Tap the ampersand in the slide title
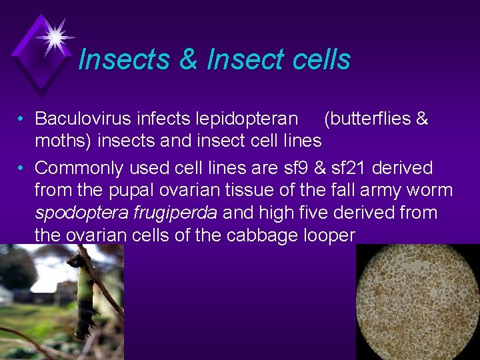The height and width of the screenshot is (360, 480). [189, 59]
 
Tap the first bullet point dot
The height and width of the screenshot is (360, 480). [22, 120]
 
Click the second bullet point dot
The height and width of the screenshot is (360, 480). [22, 169]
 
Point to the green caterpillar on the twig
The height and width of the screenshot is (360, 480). [84, 300]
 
